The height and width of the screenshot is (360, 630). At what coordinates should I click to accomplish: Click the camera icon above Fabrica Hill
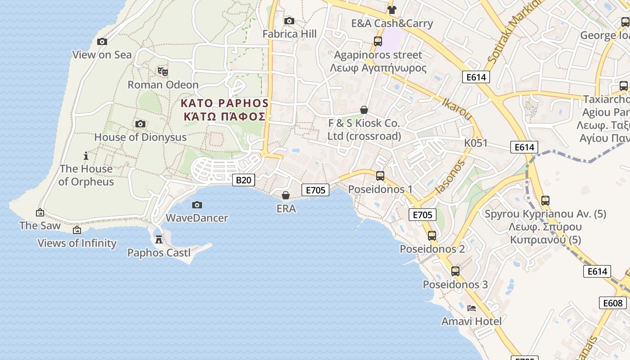[289, 21]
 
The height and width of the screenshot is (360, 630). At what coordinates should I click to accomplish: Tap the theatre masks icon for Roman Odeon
[162, 71]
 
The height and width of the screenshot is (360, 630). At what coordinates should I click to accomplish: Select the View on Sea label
[102, 55]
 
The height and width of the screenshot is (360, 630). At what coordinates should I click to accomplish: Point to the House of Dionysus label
[140, 137]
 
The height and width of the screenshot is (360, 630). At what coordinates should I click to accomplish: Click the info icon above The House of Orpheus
[86, 156]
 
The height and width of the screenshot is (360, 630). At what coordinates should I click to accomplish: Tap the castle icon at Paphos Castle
[159, 239]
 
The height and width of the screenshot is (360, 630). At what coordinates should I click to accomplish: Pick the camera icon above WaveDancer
[197, 205]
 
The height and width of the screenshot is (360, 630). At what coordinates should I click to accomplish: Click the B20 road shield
[243, 180]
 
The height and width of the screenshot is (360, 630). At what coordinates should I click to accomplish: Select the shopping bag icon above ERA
[286, 195]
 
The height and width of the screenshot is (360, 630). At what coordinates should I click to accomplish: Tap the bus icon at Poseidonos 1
[380, 176]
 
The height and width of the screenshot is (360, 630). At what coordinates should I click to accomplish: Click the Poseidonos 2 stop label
[432, 249]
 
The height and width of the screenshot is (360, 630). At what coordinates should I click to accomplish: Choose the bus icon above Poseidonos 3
[455, 271]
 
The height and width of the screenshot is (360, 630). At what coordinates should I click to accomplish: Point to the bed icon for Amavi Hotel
[472, 308]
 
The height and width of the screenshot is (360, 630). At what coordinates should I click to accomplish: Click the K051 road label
[476, 143]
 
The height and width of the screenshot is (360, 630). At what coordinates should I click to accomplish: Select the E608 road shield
[612, 303]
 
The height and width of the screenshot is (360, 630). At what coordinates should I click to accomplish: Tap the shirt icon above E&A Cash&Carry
[391, 10]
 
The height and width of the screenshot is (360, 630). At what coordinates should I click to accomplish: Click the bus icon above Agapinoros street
[378, 41]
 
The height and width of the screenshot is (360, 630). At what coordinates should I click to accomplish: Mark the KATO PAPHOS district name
[225, 103]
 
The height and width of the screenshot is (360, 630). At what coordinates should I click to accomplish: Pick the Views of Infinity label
[77, 243]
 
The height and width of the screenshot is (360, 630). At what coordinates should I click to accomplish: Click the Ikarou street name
[457, 109]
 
